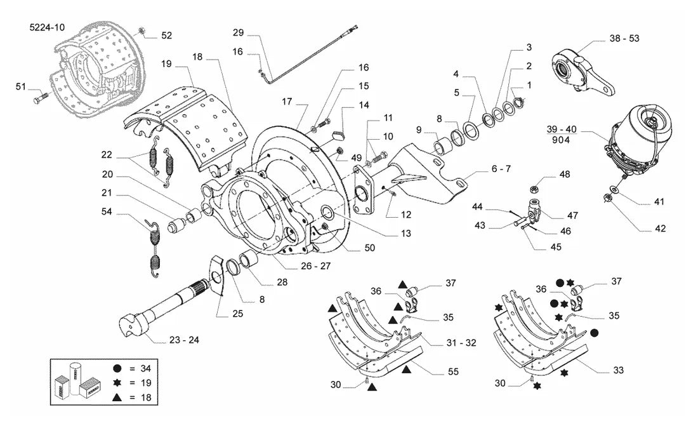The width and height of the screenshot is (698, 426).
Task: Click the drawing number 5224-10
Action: point(47,27)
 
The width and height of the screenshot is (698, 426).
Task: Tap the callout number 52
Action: point(166,36)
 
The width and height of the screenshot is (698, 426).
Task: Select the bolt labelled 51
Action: point(40,97)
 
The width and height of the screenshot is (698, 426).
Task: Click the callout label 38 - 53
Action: point(624,38)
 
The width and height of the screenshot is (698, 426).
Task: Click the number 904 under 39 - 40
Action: point(560,140)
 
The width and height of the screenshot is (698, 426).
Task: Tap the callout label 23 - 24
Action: point(184,340)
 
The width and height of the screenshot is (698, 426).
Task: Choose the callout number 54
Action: point(107,211)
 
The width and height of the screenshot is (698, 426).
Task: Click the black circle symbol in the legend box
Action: point(117,368)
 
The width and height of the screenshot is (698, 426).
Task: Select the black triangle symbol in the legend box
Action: point(117,397)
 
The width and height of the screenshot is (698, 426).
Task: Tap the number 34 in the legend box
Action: point(145,368)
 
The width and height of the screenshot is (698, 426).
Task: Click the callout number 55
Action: point(453,371)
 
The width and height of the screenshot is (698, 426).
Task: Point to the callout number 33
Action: point(618,370)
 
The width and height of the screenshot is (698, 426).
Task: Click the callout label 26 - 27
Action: point(315,266)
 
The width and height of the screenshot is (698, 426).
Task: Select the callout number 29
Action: point(238,32)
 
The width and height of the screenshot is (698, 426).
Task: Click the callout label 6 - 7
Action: point(501,169)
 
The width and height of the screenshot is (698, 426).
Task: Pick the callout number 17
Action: point(287,102)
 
